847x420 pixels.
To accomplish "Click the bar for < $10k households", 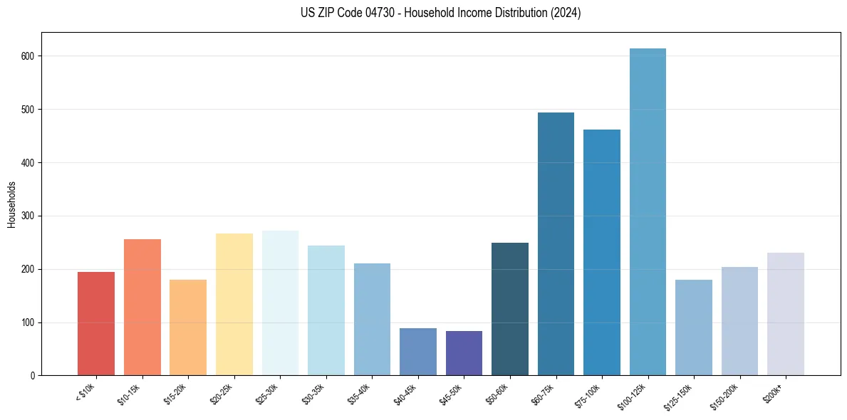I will (96, 324).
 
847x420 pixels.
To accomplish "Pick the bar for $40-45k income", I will (418, 352).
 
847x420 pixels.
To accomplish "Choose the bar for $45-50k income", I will (464, 353).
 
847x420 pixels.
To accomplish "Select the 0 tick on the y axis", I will (33, 376).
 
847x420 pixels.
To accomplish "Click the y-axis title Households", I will (11, 204).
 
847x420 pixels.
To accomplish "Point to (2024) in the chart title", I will (565, 13).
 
